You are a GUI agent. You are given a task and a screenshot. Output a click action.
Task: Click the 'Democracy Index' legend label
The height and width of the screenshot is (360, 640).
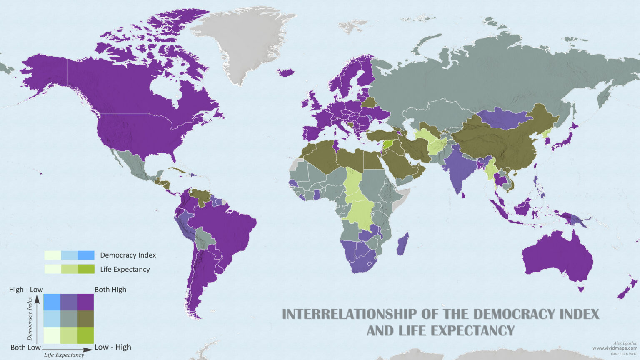(x=128, y=255)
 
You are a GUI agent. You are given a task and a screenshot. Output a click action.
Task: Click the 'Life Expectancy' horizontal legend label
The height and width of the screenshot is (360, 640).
(x=125, y=269)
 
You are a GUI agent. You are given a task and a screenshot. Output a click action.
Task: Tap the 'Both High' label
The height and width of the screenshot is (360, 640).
(x=110, y=290)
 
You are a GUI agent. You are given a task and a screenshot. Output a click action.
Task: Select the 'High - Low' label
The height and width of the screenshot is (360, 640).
(x=26, y=290)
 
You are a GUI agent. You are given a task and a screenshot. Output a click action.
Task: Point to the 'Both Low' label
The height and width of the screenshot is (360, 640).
(x=25, y=347)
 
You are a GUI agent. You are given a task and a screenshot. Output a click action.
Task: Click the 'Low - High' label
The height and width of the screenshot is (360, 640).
(x=112, y=347)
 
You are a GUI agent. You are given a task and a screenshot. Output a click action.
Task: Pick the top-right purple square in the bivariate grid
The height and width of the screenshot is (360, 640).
(x=85, y=302)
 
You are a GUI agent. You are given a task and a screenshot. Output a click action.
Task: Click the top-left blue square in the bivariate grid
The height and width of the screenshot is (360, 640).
(x=52, y=302)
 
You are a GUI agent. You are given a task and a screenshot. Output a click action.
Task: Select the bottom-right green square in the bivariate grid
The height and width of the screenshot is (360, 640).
(x=85, y=335)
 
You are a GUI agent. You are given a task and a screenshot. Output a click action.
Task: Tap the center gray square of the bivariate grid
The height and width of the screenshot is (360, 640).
(x=69, y=319)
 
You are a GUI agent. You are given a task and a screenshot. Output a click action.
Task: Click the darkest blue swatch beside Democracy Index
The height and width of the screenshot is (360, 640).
(x=86, y=255)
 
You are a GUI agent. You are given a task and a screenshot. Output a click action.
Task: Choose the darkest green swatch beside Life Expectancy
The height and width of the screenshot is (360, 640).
(x=86, y=269)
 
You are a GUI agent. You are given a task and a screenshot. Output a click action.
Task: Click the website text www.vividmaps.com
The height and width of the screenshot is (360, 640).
(x=615, y=348)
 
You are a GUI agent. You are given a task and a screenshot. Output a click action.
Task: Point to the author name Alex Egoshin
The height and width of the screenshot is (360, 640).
(x=625, y=343)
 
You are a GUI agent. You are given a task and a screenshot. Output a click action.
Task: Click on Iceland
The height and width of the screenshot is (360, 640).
(x=286, y=72)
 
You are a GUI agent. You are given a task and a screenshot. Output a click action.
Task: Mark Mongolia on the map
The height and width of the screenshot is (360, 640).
(x=502, y=117)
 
